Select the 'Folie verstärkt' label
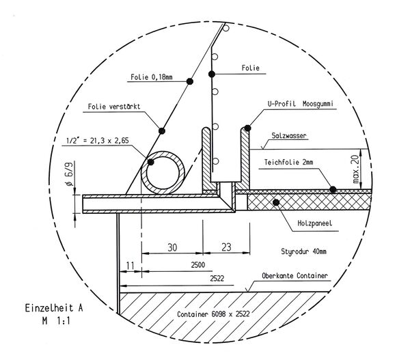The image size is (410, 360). pos(114,107)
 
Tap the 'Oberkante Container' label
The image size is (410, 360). pos(296,277)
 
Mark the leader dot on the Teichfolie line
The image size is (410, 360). pos(331,187)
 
